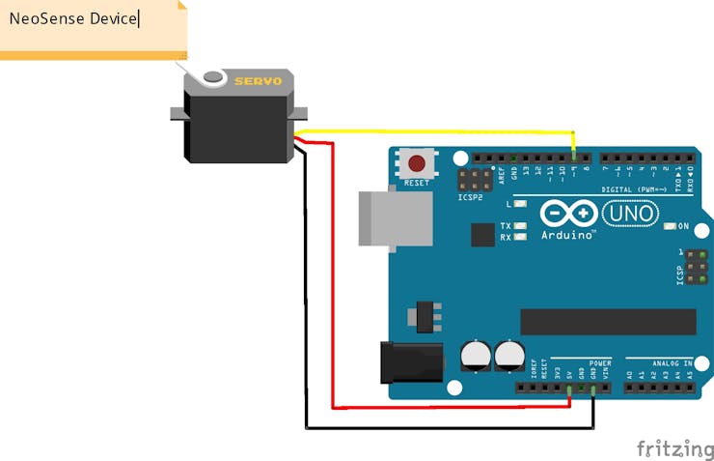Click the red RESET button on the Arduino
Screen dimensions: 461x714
point(418,162)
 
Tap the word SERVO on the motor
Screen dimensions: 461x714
point(258,81)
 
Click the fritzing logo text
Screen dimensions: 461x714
point(674,448)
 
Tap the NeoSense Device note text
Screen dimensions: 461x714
point(73,18)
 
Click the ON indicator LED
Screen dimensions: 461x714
point(671,226)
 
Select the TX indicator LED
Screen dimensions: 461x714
point(521,226)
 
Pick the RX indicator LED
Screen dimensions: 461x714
point(521,237)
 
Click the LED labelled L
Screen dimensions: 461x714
point(521,205)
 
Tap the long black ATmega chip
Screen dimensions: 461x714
point(608,322)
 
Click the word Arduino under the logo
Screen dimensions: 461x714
point(567,235)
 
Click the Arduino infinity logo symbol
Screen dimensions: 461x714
point(568,213)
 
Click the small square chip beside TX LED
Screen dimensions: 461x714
point(482,234)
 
